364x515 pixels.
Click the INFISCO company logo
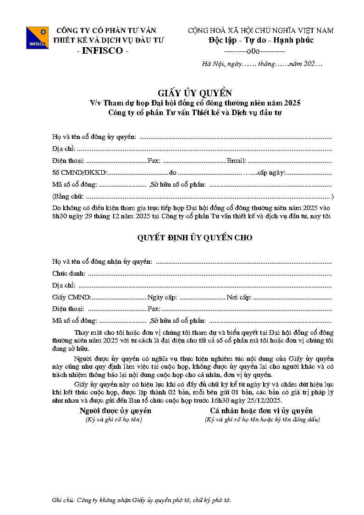coord(37,38)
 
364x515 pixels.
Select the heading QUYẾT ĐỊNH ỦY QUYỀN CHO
coord(195,238)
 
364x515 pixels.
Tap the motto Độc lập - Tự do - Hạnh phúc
coord(261,40)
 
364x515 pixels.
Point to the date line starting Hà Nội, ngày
coord(262,64)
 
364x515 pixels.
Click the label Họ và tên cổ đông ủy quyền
coord(94,137)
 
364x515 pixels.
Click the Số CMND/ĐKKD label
coord(79,172)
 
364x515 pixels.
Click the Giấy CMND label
coord(72,297)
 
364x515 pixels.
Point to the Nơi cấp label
coord(239,297)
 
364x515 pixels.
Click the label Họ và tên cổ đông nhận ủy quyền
coord(102,261)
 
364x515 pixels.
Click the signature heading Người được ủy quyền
coord(115,410)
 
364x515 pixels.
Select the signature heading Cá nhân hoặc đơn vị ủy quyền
coord(261,410)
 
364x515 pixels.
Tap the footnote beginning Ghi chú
coord(142,500)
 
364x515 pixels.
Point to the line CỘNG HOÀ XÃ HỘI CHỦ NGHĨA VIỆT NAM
coord(261,31)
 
